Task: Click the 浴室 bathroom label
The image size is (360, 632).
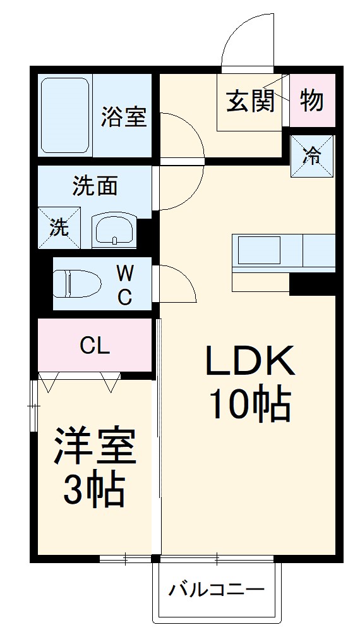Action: coord(124,117)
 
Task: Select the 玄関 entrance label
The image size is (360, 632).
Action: coord(251,100)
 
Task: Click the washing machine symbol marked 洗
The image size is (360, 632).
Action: coord(59,228)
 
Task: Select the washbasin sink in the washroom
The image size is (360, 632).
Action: coord(114,229)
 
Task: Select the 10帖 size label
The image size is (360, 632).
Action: coord(249,404)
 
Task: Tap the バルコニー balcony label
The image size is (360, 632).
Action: coord(216,591)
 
